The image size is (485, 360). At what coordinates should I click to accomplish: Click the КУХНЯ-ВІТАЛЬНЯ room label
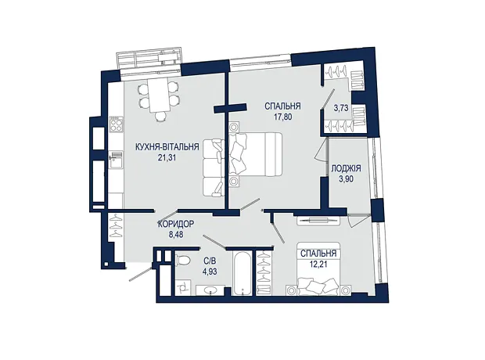[167, 146]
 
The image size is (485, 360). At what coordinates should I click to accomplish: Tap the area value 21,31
[167, 157]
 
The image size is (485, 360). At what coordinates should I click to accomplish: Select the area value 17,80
[282, 117]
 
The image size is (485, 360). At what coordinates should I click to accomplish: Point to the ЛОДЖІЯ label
[346, 168]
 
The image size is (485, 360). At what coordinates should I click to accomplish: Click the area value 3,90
[346, 179]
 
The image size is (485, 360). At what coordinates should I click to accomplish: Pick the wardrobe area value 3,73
[341, 108]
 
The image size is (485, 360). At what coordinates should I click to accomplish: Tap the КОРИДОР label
[176, 224]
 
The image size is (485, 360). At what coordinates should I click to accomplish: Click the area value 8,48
[176, 235]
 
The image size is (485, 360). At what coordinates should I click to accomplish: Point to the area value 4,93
[210, 272]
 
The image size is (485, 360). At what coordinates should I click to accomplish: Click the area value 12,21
[318, 265]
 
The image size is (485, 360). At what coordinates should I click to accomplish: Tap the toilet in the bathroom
[183, 261]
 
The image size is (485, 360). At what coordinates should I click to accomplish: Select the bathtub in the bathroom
[243, 274]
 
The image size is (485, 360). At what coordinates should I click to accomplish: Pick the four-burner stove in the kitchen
[116, 124]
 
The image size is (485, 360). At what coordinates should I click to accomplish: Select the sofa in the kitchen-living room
[214, 167]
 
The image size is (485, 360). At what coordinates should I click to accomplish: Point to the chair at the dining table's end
[160, 117]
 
